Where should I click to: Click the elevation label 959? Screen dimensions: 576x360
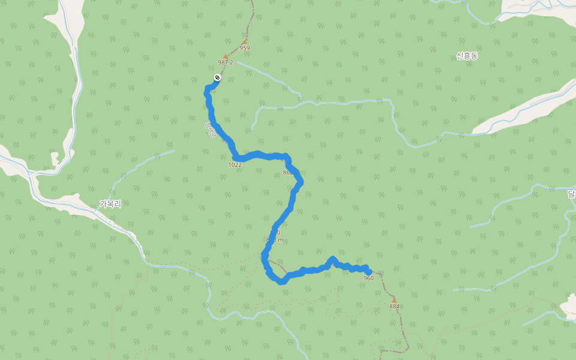click(244, 48)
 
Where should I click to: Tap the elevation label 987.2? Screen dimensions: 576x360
click(226, 62)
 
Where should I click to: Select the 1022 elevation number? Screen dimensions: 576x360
click(235, 164)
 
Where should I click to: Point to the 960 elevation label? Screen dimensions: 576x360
click(368, 278)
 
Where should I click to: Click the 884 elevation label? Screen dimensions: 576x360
click(394, 307)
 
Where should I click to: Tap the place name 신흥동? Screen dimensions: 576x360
click(467, 56)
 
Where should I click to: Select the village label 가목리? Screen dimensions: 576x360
click(110, 204)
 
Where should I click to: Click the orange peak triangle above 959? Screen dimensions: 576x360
click(245, 42)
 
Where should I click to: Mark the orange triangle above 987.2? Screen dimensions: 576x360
click(226, 56)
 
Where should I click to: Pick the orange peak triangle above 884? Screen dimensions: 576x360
click(394, 299)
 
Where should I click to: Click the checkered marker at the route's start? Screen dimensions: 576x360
click(217, 77)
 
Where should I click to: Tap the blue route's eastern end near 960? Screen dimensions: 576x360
click(368, 272)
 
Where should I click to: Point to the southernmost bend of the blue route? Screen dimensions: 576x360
click(281, 281)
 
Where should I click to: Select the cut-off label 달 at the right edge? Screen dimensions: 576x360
click(571, 194)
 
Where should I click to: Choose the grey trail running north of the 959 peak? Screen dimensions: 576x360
click(251, 18)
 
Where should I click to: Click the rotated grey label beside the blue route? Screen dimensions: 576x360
click(209, 130)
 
